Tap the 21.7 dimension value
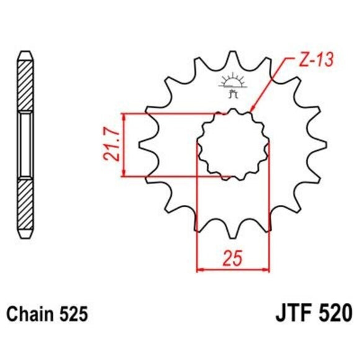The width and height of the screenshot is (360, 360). [x=112, y=145]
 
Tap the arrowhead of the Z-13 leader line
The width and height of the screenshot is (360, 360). [x=252, y=112]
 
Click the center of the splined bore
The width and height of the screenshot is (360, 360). [x=233, y=144]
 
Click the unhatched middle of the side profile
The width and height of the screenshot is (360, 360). [x=24, y=144]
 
